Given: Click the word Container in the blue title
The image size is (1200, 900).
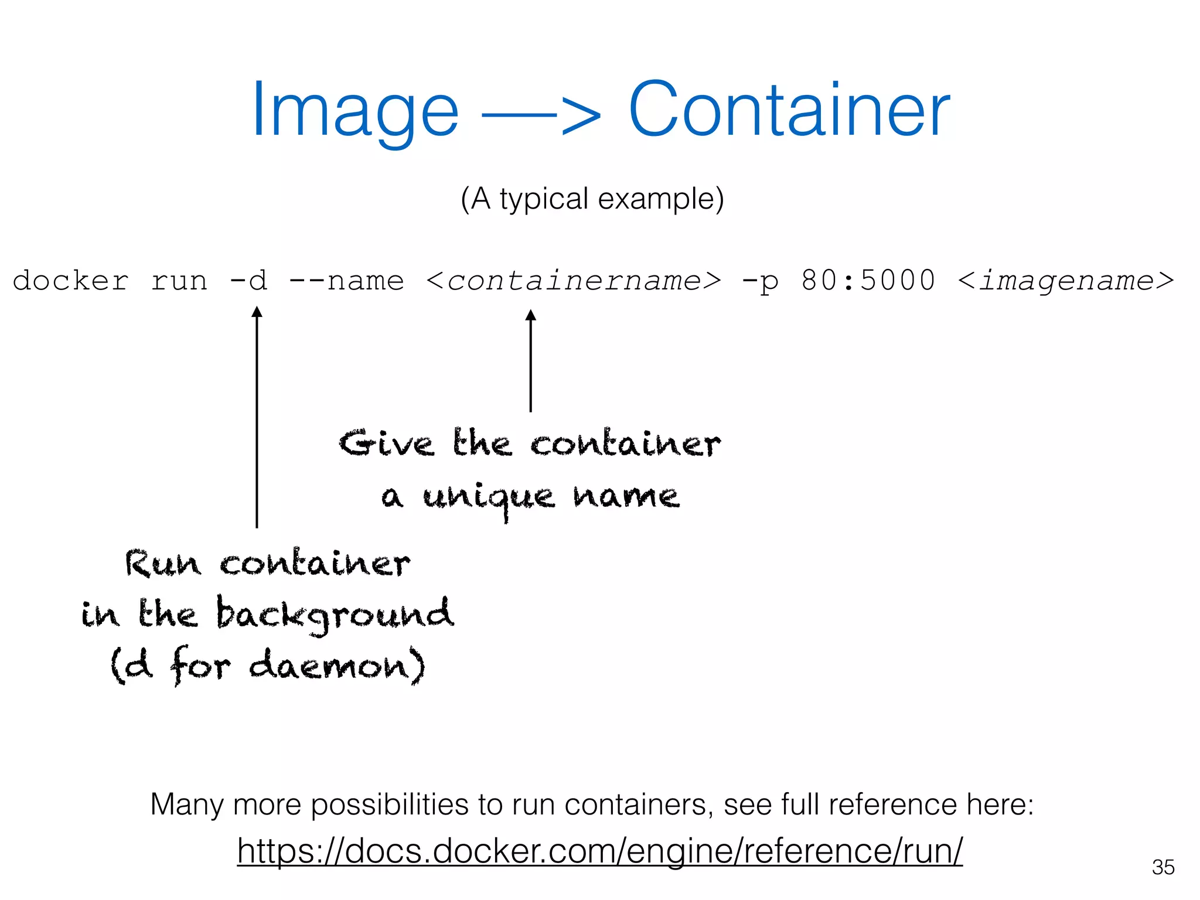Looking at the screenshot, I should pos(789,110).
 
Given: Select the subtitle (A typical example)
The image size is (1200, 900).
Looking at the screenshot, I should pos(592,199).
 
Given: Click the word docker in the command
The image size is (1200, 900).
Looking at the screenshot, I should pos(70,281).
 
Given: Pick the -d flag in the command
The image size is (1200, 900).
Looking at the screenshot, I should pos(248,281).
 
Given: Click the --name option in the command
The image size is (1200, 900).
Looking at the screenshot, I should pos(346,281).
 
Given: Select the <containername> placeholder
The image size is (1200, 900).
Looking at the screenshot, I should pos(573,281).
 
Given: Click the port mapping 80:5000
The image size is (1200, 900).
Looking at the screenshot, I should pos(868,280).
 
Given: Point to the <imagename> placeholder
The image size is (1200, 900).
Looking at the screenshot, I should pos(1066,281).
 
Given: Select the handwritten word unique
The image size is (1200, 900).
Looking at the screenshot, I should pos(488,499).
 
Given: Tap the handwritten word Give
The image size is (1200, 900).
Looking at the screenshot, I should pos(386,443).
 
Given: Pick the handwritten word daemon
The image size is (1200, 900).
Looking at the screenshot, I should pos(330,666).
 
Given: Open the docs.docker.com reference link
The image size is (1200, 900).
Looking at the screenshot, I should pos(599,851).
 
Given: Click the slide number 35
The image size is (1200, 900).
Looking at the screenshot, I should pos(1162,867).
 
